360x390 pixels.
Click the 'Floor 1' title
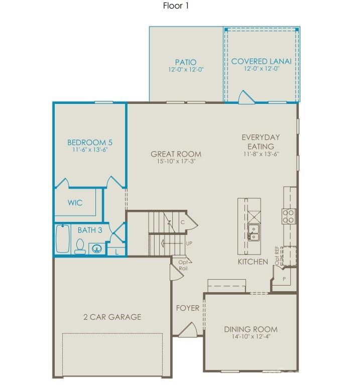tap(176, 7)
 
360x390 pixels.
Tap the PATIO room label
tap(186, 63)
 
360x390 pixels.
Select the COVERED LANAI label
tap(261, 62)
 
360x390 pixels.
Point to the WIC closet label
tap(75, 203)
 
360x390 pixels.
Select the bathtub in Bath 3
tap(63, 239)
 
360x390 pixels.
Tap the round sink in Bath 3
tap(96, 247)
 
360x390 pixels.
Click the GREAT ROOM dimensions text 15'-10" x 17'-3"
tap(176, 162)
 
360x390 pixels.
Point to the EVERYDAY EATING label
tap(261, 142)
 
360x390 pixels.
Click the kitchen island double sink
tap(254, 232)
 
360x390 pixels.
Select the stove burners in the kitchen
tap(289, 216)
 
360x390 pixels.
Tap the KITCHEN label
tap(253, 262)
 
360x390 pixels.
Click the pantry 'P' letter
tap(284, 279)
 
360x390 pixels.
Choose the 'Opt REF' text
tap(277, 255)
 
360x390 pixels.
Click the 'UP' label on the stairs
tap(189, 243)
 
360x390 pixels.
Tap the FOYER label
tap(187, 308)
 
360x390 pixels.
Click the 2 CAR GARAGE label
tap(112, 317)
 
